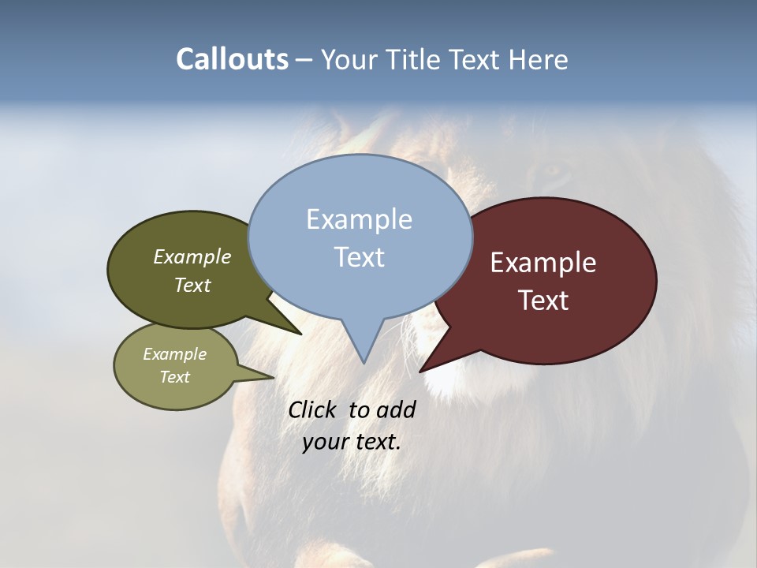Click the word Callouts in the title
coord(232,59)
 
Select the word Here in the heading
coord(539,60)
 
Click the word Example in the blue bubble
coord(359,219)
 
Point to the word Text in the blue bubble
coord(359,257)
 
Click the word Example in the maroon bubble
coord(543,263)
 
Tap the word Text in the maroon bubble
coord(543,301)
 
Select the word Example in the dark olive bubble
coord(192,256)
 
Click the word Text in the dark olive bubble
coord(192,285)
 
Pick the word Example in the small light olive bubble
coord(174,354)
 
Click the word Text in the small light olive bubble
coord(174,377)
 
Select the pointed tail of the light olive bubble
coord(270,377)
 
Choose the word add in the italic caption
coord(396,409)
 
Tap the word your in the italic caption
coord(324,442)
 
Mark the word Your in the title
coord(349,60)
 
